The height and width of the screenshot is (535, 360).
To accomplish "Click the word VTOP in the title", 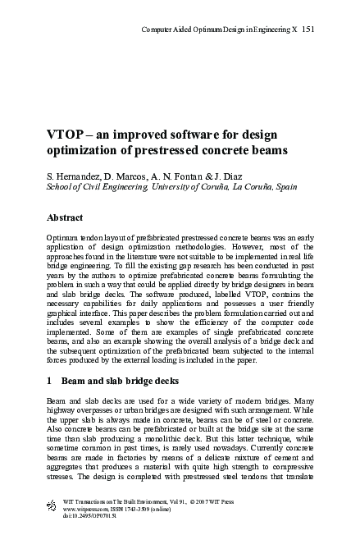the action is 66,135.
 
